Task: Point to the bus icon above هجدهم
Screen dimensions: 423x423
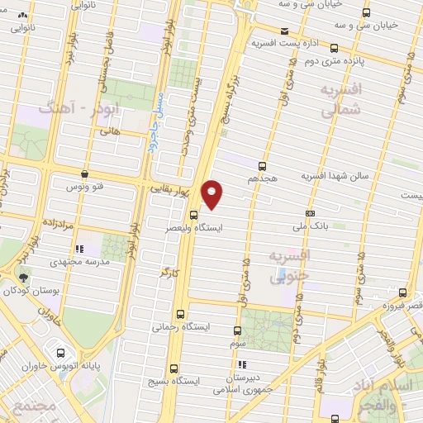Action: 263,165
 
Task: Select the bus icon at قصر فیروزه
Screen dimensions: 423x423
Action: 402,293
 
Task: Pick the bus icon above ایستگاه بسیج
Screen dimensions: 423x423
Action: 174,368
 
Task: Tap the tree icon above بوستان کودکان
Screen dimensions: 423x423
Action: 24,278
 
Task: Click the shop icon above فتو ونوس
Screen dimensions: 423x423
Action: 85,173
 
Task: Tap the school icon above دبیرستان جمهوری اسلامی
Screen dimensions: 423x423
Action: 241,364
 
